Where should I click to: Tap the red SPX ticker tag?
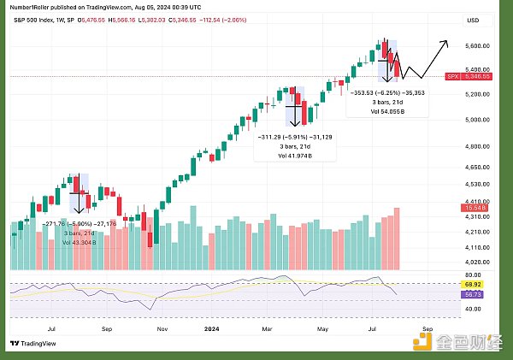coord(453,76)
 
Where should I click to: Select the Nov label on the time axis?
coord(161,327)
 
